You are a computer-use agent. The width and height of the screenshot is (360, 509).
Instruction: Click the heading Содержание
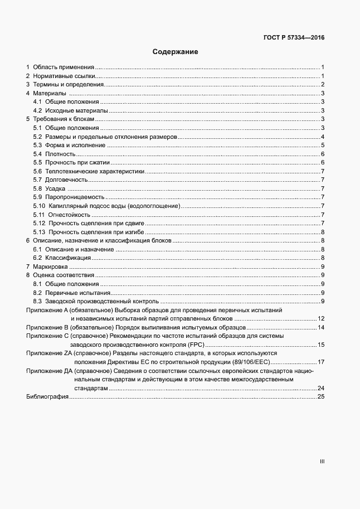176,52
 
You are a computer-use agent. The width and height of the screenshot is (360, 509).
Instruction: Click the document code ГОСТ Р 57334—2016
294,38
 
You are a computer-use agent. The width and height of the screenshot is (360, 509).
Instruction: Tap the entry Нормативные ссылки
64,76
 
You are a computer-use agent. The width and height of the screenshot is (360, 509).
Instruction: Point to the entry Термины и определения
69,85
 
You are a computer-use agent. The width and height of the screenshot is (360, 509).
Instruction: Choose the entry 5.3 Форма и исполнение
70,145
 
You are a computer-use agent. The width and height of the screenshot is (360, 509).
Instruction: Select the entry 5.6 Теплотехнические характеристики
89,171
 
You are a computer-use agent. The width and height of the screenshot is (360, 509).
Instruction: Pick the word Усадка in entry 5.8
55,188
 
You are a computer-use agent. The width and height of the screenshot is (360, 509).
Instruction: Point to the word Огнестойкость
69,215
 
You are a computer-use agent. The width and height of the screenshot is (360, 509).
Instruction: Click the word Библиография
47,396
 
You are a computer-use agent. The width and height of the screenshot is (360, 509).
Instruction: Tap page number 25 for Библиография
320,396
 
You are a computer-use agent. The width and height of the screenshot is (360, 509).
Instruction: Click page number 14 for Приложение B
321,327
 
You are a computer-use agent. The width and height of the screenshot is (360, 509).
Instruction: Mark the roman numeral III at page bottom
322,462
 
